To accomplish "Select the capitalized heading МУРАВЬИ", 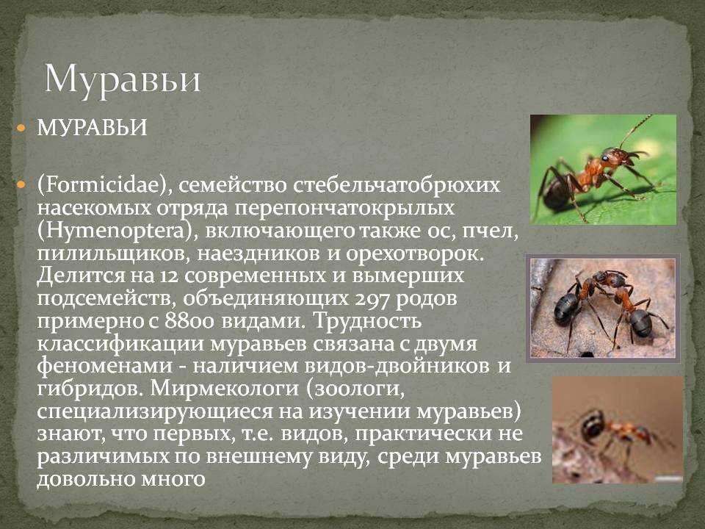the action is pyautogui.click(x=93, y=128).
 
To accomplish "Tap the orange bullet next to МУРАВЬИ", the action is pyautogui.click(x=21, y=128).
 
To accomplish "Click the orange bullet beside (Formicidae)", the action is pyautogui.click(x=21, y=185).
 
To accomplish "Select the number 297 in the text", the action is pyautogui.click(x=372, y=299).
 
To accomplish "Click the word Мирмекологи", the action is pyautogui.click(x=225, y=389).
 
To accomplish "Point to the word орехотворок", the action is pyautogui.click(x=413, y=254).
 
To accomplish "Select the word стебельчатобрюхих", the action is pyautogui.click(x=397, y=185).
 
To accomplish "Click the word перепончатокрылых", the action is pyautogui.click(x=345, y=209).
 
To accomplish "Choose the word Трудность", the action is pyautogui.click(x=367, y=322).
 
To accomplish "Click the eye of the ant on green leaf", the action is pyautogui.click(x=606, y=158).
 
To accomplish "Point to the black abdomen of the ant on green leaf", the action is pyautogui.click(x=557, y=193).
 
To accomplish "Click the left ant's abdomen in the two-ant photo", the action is pyautogui.click(x=565, y=309).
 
